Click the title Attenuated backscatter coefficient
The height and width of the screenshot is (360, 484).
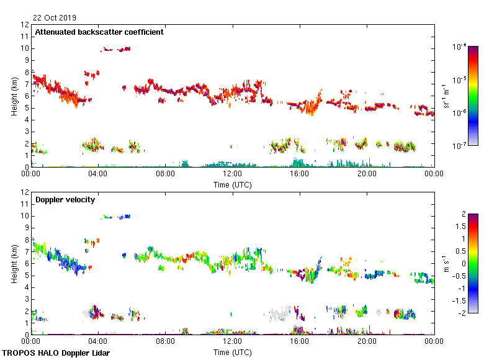pyautogui.click(x=99, y=32)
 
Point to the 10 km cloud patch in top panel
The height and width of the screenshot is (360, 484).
pyautogui.click(x=117, y=49)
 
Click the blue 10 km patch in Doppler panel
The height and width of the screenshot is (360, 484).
pyautogui.click(x=118, y=217)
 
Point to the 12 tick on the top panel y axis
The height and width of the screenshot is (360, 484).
pyautogui.click(x=25, y=25)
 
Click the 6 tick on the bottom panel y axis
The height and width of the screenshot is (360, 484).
pyautogui.click(x=25, y=263)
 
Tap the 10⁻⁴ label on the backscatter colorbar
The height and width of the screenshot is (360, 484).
pyautogui.click(x=459, y=47)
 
